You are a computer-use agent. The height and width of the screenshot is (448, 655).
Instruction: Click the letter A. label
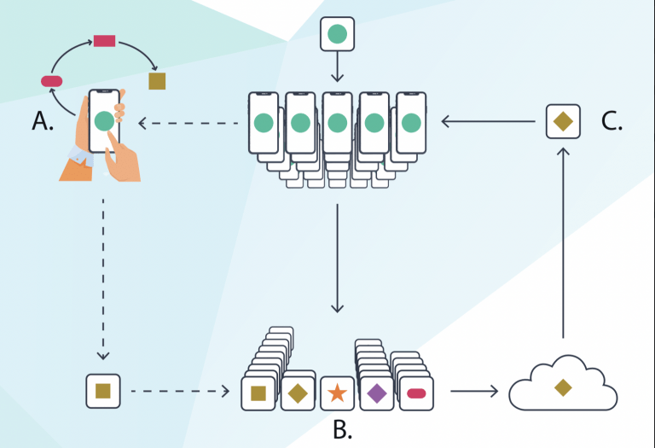click(43, 121)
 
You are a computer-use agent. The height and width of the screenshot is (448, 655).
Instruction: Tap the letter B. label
click(343, 429)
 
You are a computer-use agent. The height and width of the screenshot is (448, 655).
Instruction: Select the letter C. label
click(612, 121)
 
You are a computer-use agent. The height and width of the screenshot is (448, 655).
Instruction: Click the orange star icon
click(337, 393)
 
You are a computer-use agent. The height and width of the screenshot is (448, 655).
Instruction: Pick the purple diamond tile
click(377, 393)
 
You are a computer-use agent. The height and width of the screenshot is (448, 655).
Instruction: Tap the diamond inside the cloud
click(563, 387)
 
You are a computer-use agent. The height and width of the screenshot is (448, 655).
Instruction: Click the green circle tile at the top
click(337, 34)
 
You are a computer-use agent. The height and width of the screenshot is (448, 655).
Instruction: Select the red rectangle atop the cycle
click(104, 41)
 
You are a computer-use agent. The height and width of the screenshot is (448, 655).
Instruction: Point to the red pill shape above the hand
click(52, 81)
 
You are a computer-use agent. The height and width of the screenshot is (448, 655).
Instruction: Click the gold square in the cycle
click(157, 81)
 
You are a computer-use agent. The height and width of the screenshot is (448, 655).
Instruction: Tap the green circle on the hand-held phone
click(104, 121)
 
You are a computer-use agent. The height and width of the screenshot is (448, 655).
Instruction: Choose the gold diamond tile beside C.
click(563, 121)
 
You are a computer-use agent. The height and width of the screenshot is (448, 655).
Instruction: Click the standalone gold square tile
click(103, 391)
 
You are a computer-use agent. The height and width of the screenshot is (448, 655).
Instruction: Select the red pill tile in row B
click(416, 393)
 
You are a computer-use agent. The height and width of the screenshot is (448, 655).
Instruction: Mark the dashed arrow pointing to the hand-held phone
click(188, 123)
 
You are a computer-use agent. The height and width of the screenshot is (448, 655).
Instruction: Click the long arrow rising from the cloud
click(563, 242)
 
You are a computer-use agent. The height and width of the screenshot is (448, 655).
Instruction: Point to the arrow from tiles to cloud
click(474, 391)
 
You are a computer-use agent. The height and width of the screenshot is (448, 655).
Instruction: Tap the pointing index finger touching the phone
click(115, 148)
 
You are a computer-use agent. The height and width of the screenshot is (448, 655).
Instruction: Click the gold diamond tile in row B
click(298, 393)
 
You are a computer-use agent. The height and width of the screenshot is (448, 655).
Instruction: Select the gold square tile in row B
click(258, 393)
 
